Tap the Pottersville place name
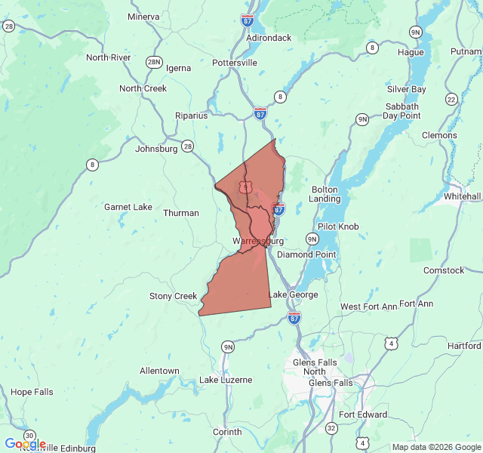[235, 63]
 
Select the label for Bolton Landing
[325, 194]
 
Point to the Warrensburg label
[258, 241]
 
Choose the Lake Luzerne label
[226, 380]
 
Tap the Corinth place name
[227, 432]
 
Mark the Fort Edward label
[363, 414]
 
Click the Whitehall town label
[462, 196]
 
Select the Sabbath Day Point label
[401, 110]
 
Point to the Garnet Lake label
[128, 207]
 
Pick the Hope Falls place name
[32, 392]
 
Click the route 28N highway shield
[154, 62]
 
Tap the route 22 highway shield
[451, 99]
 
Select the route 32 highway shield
[331, 428]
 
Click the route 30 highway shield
[29, 436]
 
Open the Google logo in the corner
[25, 444]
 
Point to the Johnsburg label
[156, 149]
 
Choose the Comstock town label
[444, 270]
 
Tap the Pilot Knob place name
[338, 226]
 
